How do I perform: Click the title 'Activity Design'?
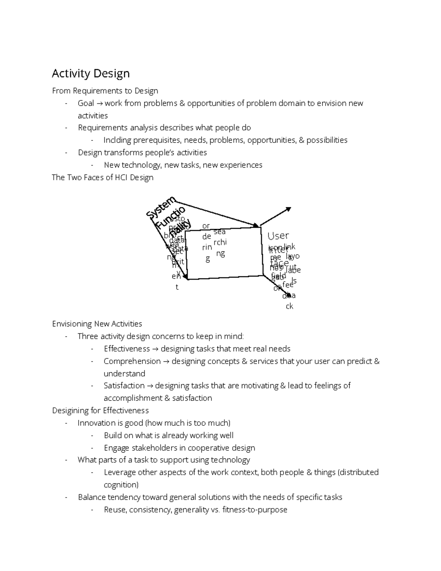pyautogui.click(x=90, y=74)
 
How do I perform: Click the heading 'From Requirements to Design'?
pyautogui.click(x=105, y=91)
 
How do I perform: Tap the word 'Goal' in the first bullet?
pyautogui.click(x=86, y=103)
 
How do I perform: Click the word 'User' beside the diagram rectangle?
pyautogui.click(x=278, y=236)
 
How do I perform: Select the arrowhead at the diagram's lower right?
pyautogui.click(x=289, y=295)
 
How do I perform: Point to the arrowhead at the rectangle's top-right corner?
pyautogui.click(x=255, y=225)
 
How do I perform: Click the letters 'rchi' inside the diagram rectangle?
pyautogui.click(x=220, y=242)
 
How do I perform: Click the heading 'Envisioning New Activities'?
pyautogui.click(x=97, y=324)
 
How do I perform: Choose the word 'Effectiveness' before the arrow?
pyautogui.click(x=127, y=349)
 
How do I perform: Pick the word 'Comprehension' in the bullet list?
pyautogui.click(x=132, y=361)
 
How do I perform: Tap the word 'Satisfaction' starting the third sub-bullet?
pyautogui.click(x=124, y=386)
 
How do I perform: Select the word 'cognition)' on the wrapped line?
pyautogui.click(x=121, y=485)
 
